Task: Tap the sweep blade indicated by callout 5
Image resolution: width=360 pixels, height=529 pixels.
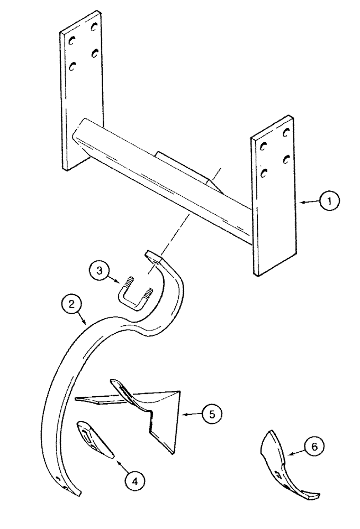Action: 159,407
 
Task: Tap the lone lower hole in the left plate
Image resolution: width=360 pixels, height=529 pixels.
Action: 73,67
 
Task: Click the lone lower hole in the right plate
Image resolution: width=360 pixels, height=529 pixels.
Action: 264,172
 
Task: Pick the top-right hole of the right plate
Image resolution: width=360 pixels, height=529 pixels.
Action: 286,132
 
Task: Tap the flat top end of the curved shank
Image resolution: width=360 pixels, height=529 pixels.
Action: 152,257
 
